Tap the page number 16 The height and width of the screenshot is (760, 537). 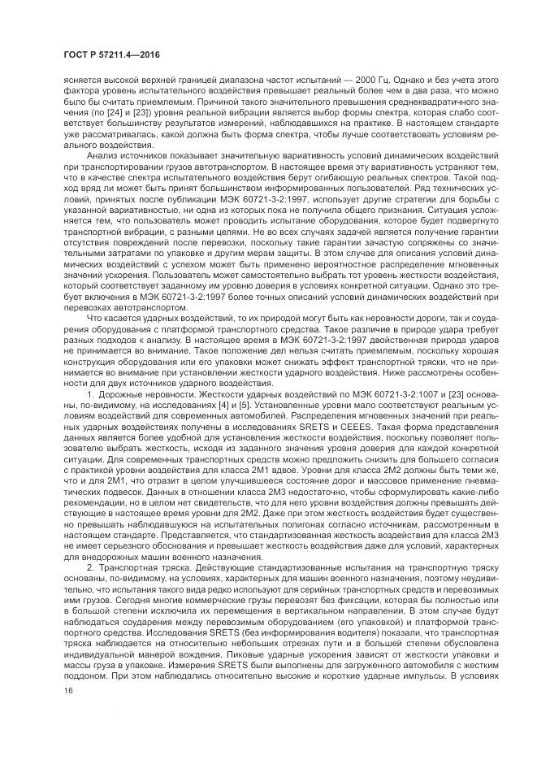pyautogui.click(x=68, y=690)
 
